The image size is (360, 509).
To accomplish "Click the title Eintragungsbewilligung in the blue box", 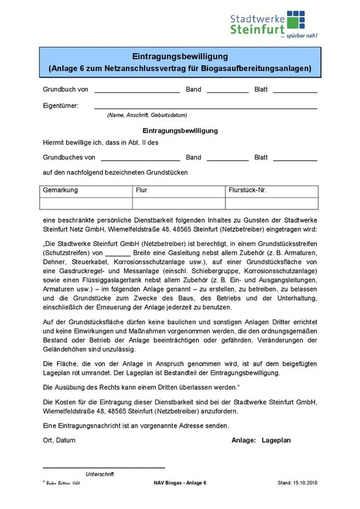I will (x=179, y=56).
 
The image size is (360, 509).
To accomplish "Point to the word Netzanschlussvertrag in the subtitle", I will (x=153, y=68).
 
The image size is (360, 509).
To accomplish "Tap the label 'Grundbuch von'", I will (x=66, y=89).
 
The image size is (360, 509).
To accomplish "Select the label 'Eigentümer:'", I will (x=60, y=105).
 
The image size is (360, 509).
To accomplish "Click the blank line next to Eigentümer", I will (x=206, y=107).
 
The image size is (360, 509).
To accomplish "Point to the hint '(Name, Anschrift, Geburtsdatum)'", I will (x=147, y=115).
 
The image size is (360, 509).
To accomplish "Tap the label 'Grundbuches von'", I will (x=69, y=158).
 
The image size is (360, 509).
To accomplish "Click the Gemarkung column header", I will (x=60, y=190).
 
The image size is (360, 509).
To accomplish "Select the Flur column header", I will (x=141, y=190).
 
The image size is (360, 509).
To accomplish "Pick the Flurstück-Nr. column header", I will (x=247, y=190).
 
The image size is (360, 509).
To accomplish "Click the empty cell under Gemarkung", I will (x=86, y=202).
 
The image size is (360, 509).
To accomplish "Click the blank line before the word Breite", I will (x=118, y=254).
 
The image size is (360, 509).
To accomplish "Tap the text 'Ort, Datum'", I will (x=59, y=440).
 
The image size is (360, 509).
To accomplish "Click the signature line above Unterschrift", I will (x=103, y=467).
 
